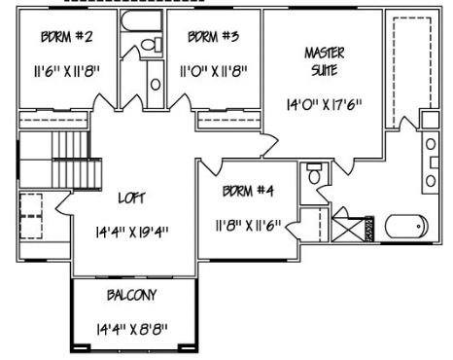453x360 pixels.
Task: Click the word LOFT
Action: (130, 198)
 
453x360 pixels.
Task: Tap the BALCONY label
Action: (133, 295)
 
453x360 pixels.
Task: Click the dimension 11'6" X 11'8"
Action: (67, 71)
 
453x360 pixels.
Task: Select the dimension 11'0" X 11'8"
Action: (213, 71)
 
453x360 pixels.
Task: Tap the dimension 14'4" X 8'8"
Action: (133, 330)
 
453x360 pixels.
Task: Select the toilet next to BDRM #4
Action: (313, 178)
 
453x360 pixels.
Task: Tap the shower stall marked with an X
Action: (347, 232)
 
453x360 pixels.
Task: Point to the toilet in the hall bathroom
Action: (151, 45)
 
